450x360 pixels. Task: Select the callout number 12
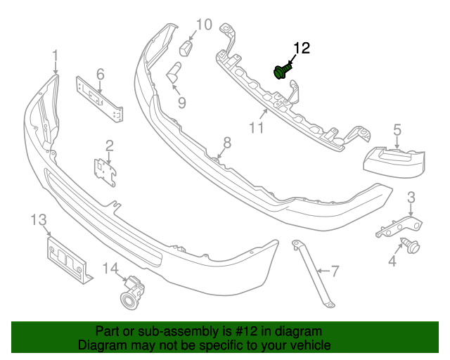coord(302,49)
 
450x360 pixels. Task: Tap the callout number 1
coord(56,56)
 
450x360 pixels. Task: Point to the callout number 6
coord(100,75)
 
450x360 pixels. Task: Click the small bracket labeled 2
coord(105,172)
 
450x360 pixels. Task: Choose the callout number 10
coord(205,25)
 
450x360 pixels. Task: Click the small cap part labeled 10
coord(186,48)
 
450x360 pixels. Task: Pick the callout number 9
coord(181,103)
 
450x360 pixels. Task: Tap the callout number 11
coord(256,128)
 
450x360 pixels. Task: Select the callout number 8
coord(227,143)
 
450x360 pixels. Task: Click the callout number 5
coord(397,130)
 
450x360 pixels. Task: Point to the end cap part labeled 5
coord(394,162)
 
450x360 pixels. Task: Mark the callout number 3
coord(411,198)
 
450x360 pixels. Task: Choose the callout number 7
coord(335,271)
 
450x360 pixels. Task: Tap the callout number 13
coord(39,220)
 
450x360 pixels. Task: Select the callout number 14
coord(111,269)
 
